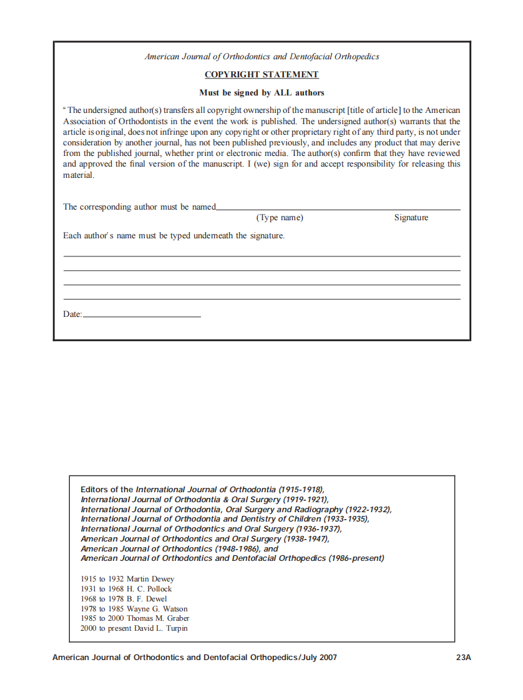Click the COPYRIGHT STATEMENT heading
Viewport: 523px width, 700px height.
tap(261, 75)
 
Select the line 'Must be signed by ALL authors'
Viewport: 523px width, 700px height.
tap(261, 93)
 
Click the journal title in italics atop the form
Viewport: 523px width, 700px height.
tap(261, 57)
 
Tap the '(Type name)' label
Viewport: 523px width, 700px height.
tap(280, 218)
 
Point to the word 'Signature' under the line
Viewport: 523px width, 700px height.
tap(411, 218)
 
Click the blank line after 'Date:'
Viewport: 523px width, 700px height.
tap(142, 316)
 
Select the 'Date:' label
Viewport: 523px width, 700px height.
tap(72, 314)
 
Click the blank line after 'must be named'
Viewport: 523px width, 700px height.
tap(338, 208)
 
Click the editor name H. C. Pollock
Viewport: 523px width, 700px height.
tap(149, 589)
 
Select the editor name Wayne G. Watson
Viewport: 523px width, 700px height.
tap(157, 609)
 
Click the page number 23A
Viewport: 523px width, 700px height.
tap(463, 658)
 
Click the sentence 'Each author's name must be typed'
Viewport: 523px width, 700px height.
tap(174, 236)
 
